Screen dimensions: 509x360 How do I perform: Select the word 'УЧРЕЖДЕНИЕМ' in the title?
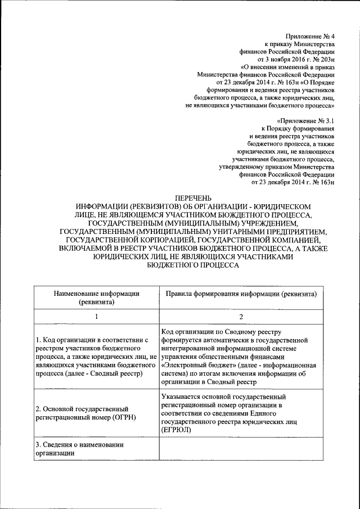(262, 222)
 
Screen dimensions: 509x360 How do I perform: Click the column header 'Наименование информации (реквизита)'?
(96, 298)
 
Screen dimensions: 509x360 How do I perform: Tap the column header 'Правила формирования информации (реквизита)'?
(241, 294)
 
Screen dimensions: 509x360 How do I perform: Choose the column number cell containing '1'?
(96, 317)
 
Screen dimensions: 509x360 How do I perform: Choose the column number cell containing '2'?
(241, 317)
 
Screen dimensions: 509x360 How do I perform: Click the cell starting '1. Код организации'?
(96, 357)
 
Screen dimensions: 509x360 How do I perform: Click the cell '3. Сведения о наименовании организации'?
(96, 449)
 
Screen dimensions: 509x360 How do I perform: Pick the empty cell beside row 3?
(241, 449)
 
